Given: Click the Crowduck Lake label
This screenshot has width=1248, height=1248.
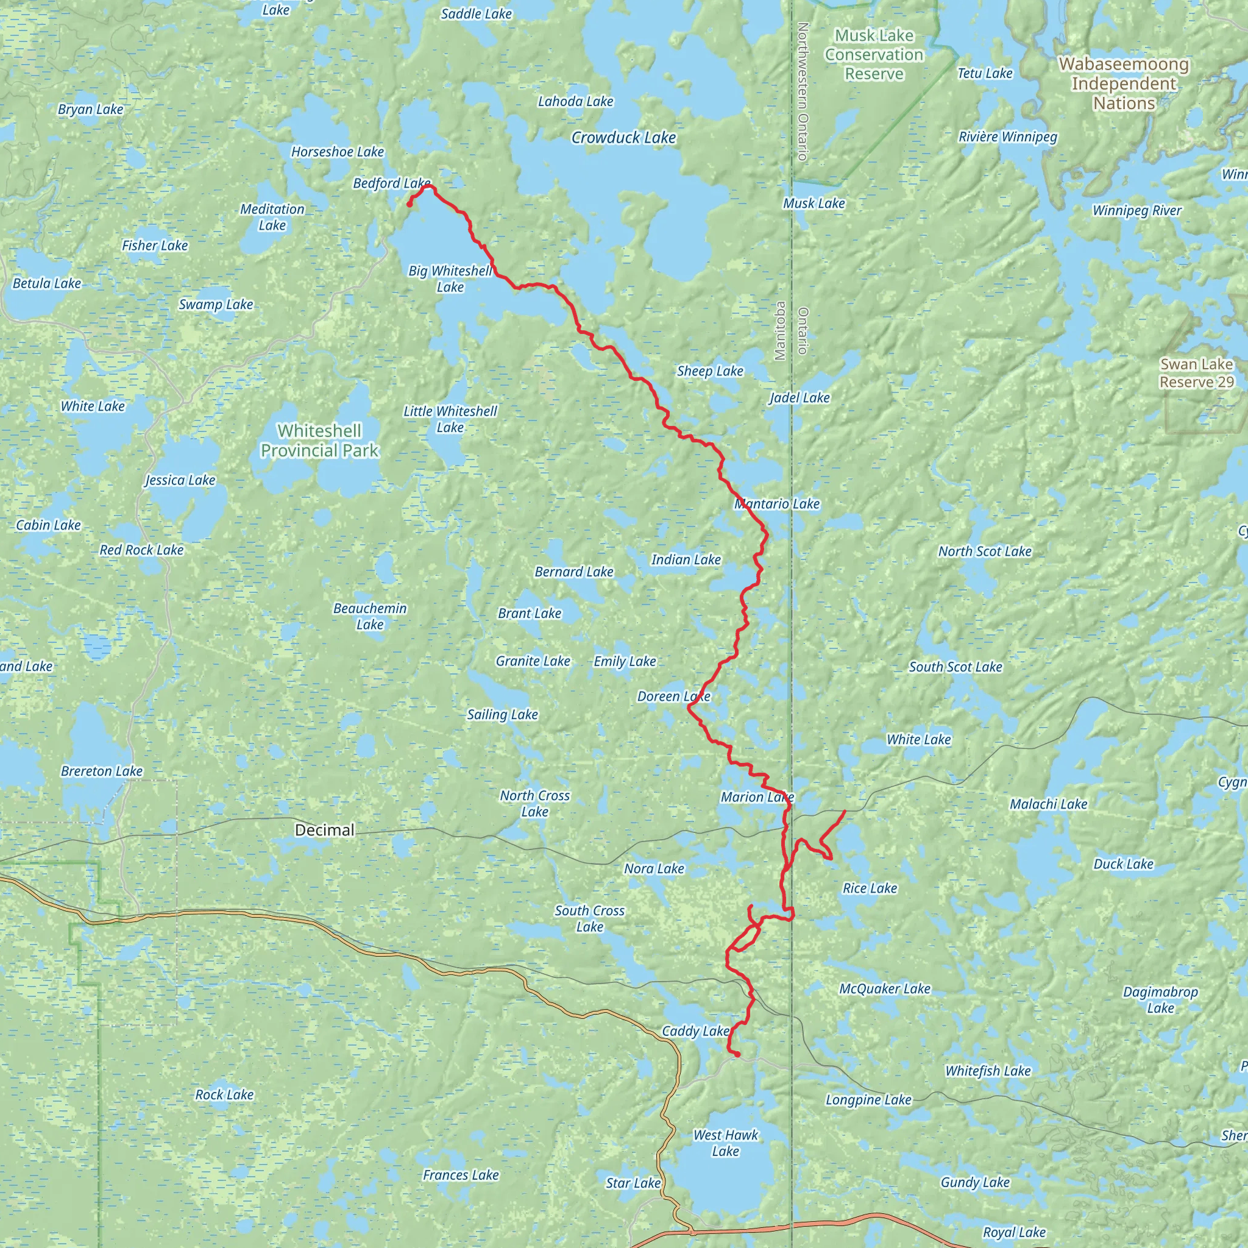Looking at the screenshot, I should (x=623, y=138).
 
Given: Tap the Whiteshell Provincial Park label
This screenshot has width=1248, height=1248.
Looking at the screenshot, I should (x=320, y=441).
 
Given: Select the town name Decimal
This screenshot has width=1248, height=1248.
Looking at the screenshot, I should (x=324, y=830).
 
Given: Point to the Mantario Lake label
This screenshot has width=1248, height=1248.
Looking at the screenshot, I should (x=776, y=504).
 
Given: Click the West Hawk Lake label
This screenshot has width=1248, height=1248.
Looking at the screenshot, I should (x=725, y=1143).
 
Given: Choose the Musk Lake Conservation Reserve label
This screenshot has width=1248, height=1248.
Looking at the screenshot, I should (x=874, y=55).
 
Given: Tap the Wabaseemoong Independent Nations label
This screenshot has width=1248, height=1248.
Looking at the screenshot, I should (x=1123, y=83).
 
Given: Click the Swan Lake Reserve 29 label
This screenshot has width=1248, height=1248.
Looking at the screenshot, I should (x=1196, y=374).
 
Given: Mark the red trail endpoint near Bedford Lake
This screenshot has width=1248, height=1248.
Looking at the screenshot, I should (x=409, y=205).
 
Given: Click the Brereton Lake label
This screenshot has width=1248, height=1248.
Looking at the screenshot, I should (x=101, y=771).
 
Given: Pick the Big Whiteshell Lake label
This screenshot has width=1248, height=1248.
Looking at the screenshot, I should (x=450, y=279).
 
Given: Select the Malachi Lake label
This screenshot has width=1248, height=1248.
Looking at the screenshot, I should (x=1048, y=804).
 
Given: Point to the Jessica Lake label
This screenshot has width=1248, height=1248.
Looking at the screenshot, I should (x=180, y=480).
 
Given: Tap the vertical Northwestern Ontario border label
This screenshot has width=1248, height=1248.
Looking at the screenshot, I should (x=803, y=92).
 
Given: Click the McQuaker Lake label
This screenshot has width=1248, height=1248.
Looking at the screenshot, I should (x=884, y=988).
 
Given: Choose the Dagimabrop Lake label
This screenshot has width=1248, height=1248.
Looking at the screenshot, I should (x=1160, y=1000).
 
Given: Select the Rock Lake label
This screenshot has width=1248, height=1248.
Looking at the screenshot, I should (x=224, y=1094).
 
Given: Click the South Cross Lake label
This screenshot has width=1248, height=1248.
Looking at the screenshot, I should (x=589, y=918).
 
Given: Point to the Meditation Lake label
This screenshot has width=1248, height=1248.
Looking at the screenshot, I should (x=272, y=217).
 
